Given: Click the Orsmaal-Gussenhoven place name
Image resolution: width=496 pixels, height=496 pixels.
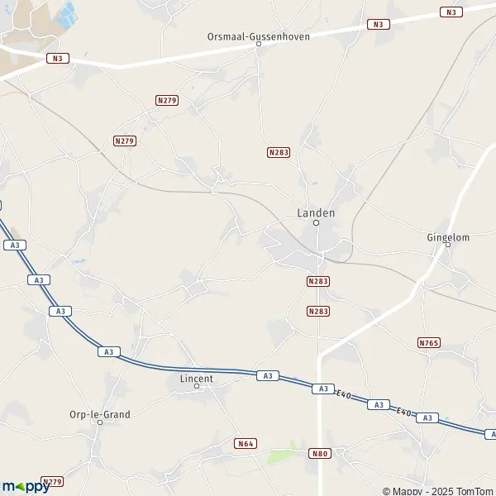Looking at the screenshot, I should [x=258, y=36].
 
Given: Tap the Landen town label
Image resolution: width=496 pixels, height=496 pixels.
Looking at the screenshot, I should [x=316, y=212].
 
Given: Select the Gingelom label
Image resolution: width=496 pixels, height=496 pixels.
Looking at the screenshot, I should [x=448, y=237].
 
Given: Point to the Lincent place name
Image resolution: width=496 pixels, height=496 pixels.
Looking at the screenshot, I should [x=197, y=379].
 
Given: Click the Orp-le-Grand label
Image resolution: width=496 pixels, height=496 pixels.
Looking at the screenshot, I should [x=100, y=415].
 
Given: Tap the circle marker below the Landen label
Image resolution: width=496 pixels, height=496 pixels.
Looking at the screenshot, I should [x=316, y=222].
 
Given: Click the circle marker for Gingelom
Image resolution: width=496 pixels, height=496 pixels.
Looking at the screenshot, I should [x=448, y=245].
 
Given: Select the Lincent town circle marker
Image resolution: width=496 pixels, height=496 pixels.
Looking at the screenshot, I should [x=197, y=386].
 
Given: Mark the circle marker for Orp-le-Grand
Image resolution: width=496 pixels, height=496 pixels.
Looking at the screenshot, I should [x=100, y=422].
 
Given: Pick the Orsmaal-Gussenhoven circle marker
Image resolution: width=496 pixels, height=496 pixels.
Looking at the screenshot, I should [x=258, y=45].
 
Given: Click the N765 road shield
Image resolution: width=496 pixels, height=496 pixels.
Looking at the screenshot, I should [x=428, y=342].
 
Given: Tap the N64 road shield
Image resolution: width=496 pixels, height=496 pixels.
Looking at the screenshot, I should [x=245, y=444].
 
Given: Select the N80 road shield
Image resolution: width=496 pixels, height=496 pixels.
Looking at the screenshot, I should [x=320, y=453].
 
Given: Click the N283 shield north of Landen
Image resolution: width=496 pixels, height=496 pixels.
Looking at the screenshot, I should [x=279, y=153].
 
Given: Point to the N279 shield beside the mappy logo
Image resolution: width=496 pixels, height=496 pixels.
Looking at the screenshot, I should [x=52, y=481].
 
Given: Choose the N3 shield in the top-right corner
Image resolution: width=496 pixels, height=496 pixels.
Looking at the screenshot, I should [x=451, y=12].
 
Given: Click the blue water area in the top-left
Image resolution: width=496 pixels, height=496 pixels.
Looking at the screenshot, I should [x=66, y=12].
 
